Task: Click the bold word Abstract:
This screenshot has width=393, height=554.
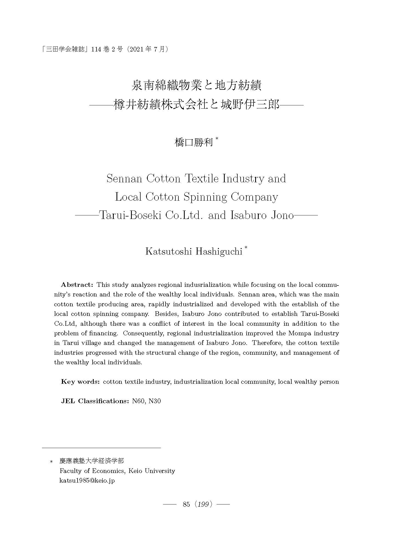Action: [x=77, y=285]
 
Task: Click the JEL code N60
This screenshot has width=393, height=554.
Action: [x=138, y=401]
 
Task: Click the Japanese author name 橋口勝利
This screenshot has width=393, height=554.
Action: [x=193, y=143]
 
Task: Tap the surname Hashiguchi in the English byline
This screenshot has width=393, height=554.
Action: [x=219, y=252]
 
